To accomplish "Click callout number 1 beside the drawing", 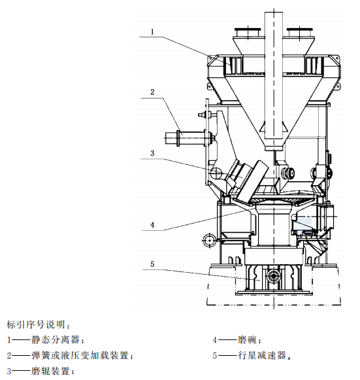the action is (x=152, y=32).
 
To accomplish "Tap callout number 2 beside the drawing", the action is (x=152, y=92).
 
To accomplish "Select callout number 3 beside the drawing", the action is (x=152, y=154).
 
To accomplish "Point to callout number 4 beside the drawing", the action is (x=152, y=225).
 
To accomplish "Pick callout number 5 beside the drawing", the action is (x=152, y=264).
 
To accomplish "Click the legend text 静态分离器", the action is (x=56, y=339).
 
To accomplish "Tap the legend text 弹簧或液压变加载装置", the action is (x=80, y=356).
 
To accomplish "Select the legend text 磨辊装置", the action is (x=50, y=371).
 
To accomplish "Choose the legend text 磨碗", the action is (x=247, y=339).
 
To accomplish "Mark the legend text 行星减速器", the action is (x=261, y=356).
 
